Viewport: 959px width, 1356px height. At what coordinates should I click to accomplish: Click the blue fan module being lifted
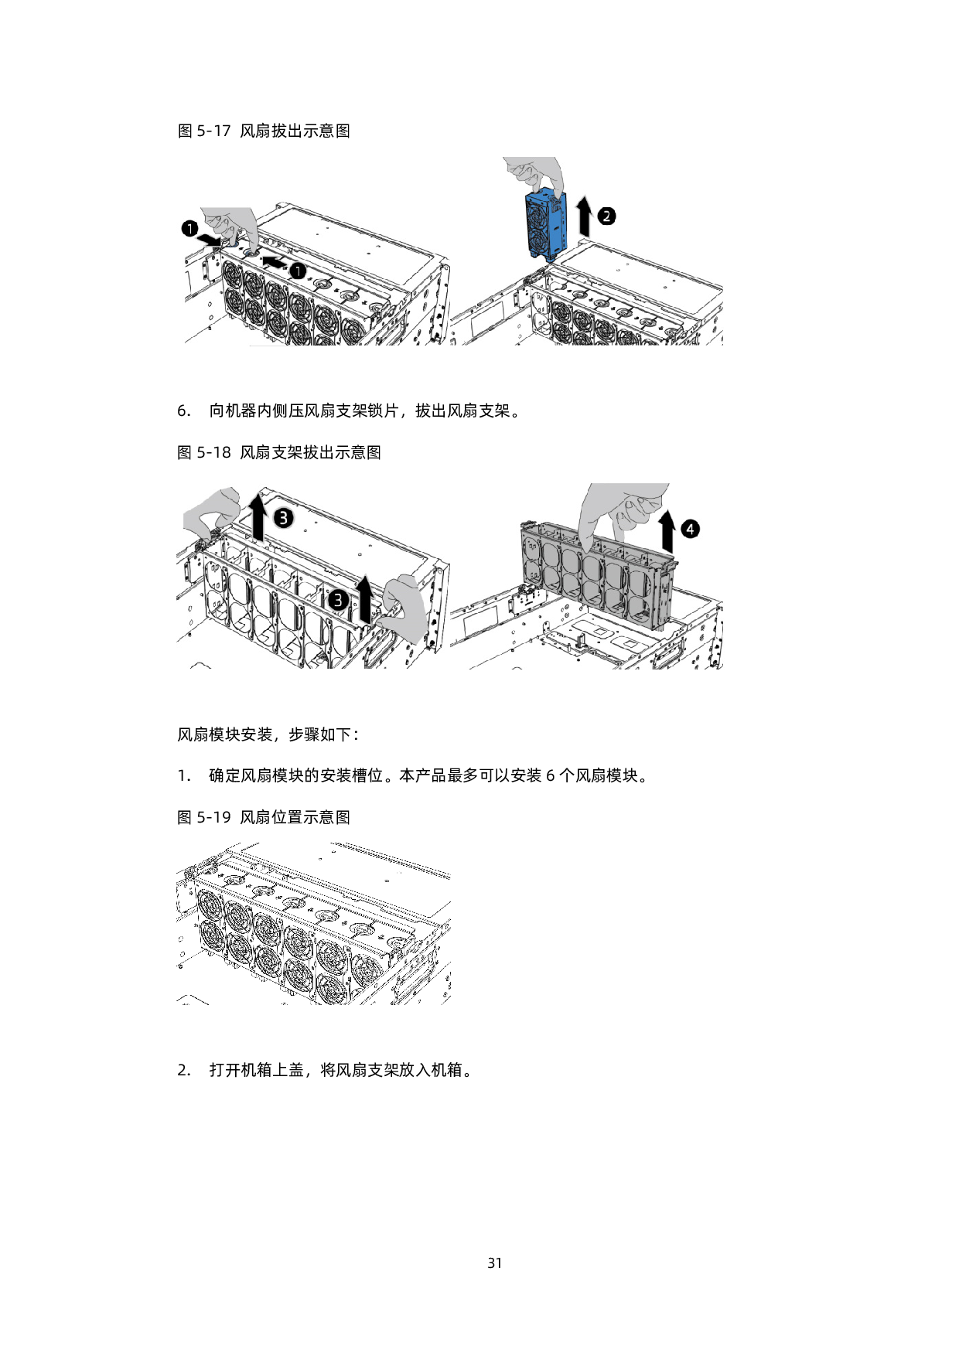pyautogui.click(x=546, y=225)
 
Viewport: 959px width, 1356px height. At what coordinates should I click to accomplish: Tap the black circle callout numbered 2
pyautogui.click(x=607, y=216)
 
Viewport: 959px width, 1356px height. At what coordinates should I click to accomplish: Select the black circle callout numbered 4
pyautogui.click(x=690, y=529)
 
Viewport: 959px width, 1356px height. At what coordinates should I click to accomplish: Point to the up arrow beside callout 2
pyautogui.click(x=585, y=216)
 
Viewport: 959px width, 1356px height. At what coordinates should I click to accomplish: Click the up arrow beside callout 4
pyautogui.click(x=665, y=532)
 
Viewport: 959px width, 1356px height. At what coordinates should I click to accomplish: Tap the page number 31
pyautogui.click(x=495, y=1263)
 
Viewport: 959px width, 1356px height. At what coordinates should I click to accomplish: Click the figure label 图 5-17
pyautogui.click(x=204, y=131)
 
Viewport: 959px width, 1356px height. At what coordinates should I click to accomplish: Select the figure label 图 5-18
pyautogui.click(x=204, y=452)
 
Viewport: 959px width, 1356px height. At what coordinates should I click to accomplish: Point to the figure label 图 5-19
pyautogui.click(x=204, y=817)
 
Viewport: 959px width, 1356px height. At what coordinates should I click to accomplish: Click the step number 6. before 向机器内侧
pyautogui.click(x=184, y=411)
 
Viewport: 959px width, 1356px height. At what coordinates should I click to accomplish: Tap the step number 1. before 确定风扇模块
pyautogui.click(x=184, y=775)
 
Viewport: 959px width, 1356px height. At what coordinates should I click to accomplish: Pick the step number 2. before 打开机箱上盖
pyautogui.click(x=184, y=1070)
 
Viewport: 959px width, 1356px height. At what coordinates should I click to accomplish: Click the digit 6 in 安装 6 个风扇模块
pyautogui.click(x=551, y=775)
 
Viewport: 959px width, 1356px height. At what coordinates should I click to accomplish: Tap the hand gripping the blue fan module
pyautogui.click(x=534, y=173)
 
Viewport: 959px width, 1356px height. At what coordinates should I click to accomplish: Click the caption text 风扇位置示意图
pyautogui.click(x=295, y=817)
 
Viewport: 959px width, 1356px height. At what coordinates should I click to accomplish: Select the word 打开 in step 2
pyautogui.click(x=225, y=1070)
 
